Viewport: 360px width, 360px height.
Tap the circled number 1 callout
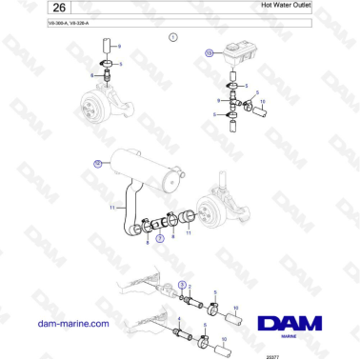point(172,38)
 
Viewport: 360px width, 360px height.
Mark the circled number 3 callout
point(183,285)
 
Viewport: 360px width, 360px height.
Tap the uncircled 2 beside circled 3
point(190,286)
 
